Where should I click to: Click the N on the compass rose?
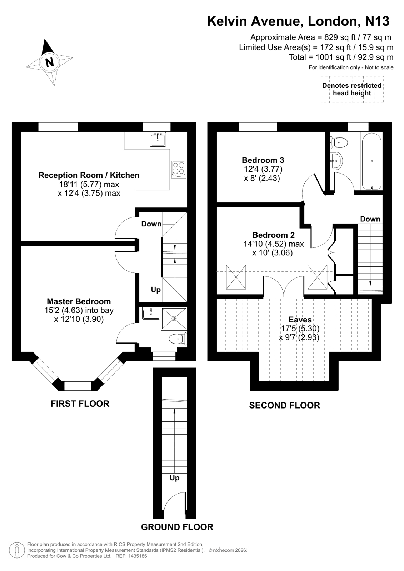(x=49, y=62)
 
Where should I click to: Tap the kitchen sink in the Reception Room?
(x=158, y=139)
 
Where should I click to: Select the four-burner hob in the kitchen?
(x=179, y=170)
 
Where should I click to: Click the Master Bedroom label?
(x=79, y=301)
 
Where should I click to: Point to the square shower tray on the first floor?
(x=174, y=318)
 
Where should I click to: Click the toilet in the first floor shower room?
(x=177, y=339)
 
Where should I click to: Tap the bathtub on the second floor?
(x=372, y=161)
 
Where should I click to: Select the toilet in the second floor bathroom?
(x=340, y=142)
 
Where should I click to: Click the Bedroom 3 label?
(x=263, y=160)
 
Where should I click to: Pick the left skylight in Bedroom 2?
(x=236, y=277)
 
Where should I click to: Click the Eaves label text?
(x=300, y=320)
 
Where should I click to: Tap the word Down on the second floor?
(x=370, y=219)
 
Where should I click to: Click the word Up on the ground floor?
(x=174, y=477)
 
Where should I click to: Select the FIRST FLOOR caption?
(x=80, y=404)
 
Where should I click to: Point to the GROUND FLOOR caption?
(x=177, y=527)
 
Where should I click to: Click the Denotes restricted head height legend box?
(x=352, y=90)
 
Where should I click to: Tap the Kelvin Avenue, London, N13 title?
(x=298, y=21)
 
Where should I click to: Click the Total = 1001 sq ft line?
(x=341, y=57)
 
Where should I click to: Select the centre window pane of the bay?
(x=78, y=386)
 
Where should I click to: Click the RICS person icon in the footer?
(x=16, y=550)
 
